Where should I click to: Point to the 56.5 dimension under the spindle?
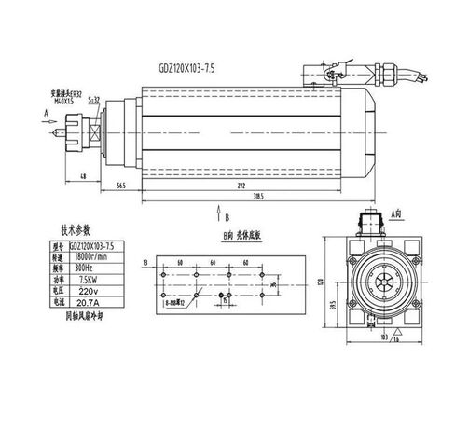click(x=121, y=185)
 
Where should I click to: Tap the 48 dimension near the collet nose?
click(x=84, y=176)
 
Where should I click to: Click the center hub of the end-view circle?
click(x=385, y=281)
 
